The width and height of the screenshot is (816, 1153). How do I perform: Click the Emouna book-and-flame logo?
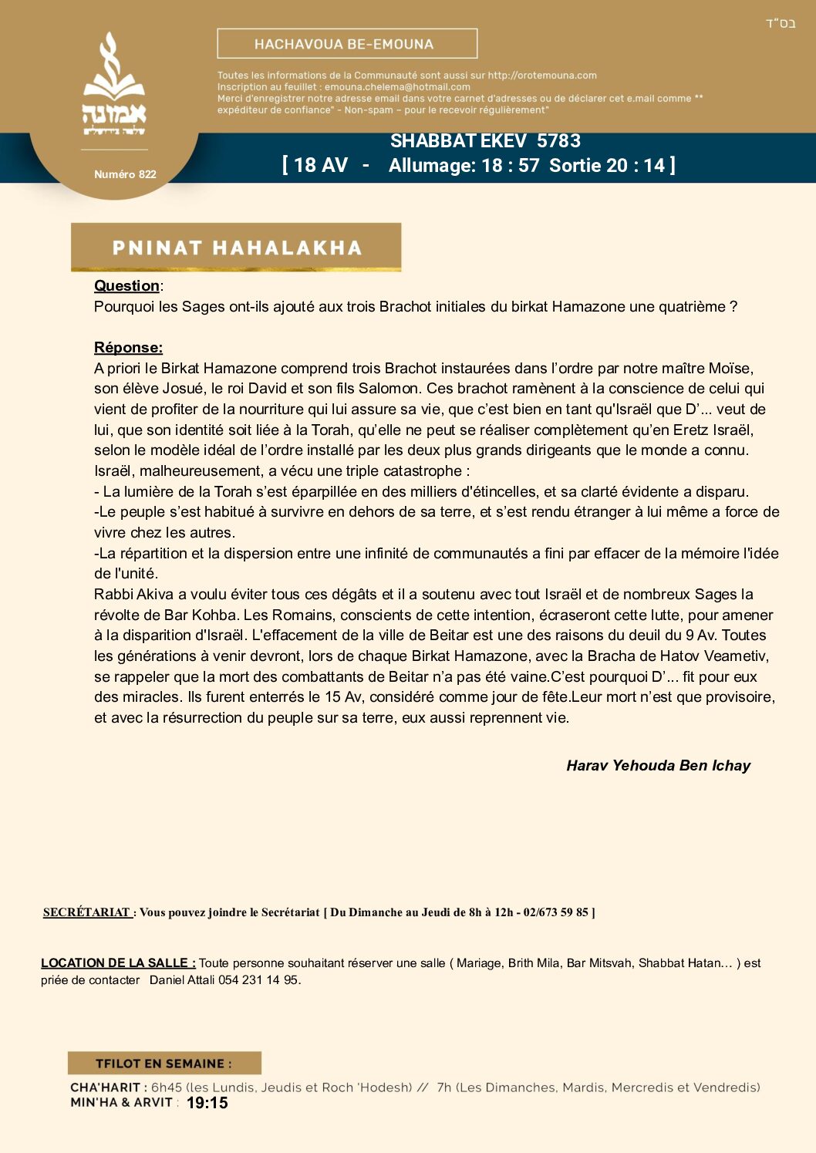coord(114,85)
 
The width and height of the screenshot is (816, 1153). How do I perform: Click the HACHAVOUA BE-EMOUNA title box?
coord(347,44)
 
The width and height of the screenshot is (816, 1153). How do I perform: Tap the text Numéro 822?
coord(125,174)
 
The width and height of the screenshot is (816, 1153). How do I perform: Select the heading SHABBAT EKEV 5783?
coord(485,141)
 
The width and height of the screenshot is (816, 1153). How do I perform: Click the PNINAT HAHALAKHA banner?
coord(236,248)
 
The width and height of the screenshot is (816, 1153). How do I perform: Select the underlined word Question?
coord(126,286)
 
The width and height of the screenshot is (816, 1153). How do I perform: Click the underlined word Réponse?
coord(128,348)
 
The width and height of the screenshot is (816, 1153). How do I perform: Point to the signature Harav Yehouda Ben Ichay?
coord(658,766)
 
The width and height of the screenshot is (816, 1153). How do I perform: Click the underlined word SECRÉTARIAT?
coord(86,912)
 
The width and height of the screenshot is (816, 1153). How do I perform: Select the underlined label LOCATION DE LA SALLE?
coord(117,963)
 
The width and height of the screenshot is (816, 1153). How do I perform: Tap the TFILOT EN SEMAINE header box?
coord(164,1064)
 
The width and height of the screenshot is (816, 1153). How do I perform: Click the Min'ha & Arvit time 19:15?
coord(207,1104)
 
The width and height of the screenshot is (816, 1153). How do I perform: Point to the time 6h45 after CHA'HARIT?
coord(167,1087)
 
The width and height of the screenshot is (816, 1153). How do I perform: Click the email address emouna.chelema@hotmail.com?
coord(397,87)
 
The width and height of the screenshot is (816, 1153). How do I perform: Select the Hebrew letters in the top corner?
coord(780,24)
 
